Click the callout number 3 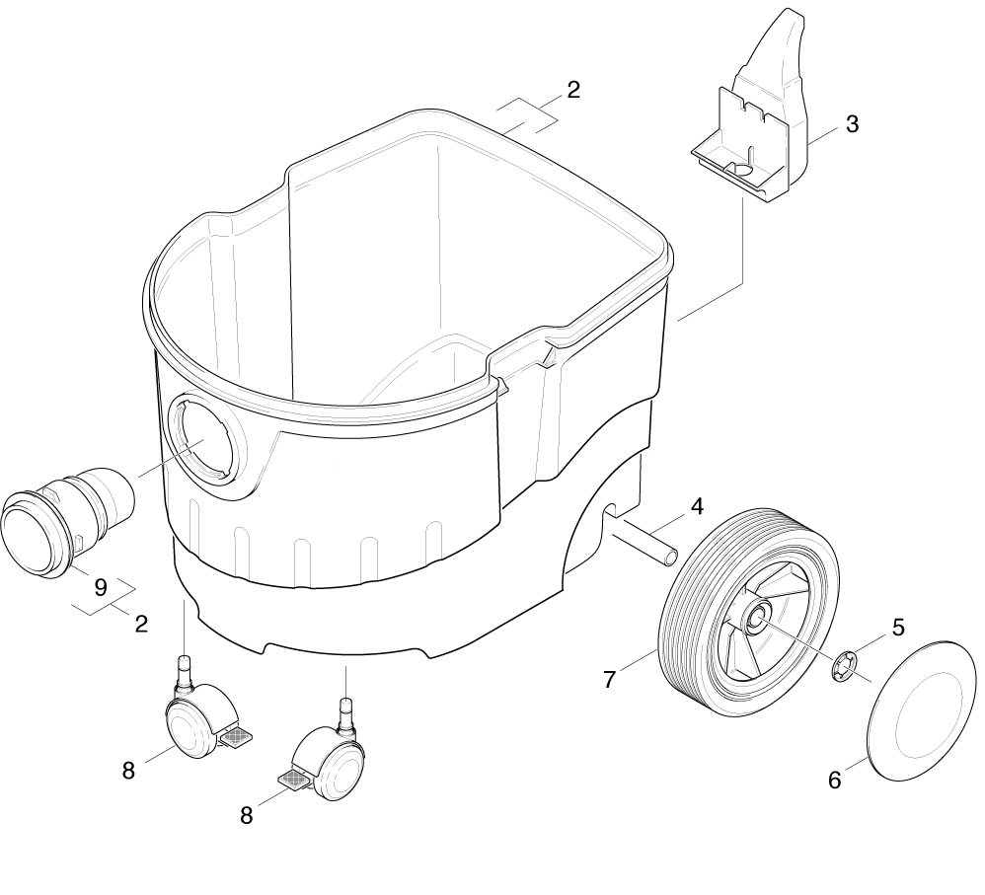coord(852,125)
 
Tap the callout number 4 coord(697,507)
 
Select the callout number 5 coord(898,627)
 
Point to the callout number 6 coord(834,781)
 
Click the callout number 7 coord(609,679)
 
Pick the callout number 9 coord(100,587)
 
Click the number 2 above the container coord(573,90)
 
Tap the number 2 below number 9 coord(141,624)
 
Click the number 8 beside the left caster coord(128,771)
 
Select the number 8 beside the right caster coord(247,815)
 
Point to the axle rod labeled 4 coord(644,542)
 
